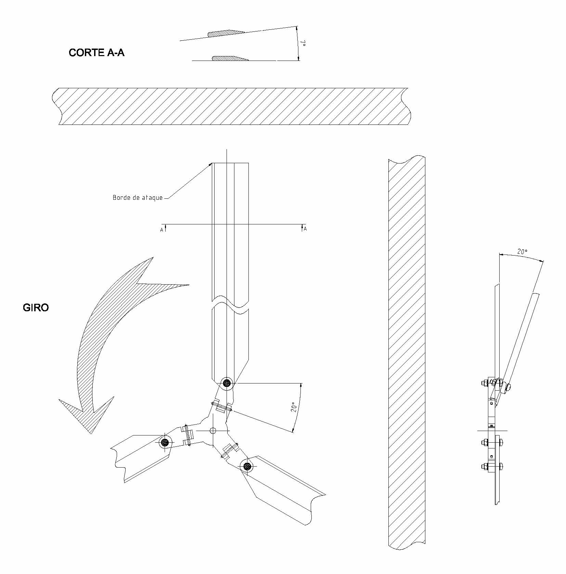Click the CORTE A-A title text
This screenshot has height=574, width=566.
click(x=97, y=53)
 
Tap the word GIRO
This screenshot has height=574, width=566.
click(x=36, y=308)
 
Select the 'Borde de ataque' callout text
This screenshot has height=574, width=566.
click(x=138, y=198)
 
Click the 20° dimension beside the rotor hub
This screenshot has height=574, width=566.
click(x=294, y=407)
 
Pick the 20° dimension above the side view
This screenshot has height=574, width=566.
click(x=522, y=251)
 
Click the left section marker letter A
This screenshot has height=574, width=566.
click(x=162, y=230)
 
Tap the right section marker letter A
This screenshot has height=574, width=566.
click(x=305, y=229)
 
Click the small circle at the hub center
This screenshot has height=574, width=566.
click(x=213, y=430)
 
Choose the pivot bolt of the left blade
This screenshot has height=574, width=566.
click(x=165, y=442)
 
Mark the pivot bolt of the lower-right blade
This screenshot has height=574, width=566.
click(x=247, y=466)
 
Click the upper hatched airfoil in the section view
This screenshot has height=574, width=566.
click(x=226, y=33)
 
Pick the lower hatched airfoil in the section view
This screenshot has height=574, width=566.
click(x=230, y=58)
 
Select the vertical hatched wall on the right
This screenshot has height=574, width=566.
click(x=407, y=356)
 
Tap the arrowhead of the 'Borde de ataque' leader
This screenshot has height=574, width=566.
click(x=210, y=165)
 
